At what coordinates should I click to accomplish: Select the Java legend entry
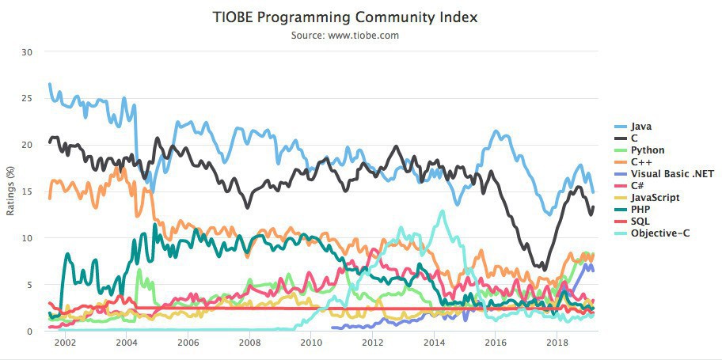click(640, 126)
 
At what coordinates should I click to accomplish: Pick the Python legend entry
click(647, 150)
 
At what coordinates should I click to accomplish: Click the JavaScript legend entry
click(654, 197)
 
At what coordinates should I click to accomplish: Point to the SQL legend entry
click(640, 221)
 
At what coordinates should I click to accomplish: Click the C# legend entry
click(637, 185)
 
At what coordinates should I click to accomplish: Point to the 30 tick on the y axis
click(28, 52)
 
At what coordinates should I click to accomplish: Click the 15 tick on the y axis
click(28, 191)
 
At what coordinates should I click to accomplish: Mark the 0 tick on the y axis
click(30, 332)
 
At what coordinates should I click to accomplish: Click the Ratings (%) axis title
click(11, 191)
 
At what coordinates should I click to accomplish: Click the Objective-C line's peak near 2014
click(442, 210)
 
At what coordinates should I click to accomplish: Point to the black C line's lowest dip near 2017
click(544, 269)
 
